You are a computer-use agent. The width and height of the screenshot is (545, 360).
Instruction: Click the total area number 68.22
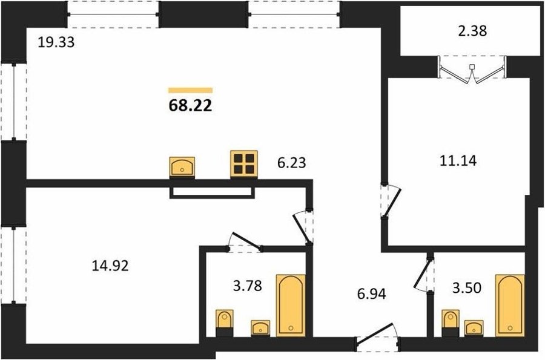(x=190, y=105)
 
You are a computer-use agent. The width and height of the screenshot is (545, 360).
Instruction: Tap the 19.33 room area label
(x=56, y=42)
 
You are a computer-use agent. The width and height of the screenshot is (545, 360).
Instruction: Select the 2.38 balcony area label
(x=472, y=31)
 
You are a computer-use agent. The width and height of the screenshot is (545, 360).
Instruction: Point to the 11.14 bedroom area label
(x=458, y=161)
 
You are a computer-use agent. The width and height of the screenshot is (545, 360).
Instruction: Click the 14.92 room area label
(x=110, y=266)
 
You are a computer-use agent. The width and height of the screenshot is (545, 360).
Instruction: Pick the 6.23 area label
(x=292, y=163)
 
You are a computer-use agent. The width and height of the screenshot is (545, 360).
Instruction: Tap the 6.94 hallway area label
(x=372, y=294)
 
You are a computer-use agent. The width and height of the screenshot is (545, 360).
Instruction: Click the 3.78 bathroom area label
(x=248, y=286)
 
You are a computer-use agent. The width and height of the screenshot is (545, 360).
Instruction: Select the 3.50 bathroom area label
(x=467, y=288)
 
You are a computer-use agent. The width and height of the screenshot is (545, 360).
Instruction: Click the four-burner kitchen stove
(x=244, y=164)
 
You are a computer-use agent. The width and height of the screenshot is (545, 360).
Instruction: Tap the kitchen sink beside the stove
(x=182, y=167)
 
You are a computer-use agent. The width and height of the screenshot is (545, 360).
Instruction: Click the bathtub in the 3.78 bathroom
(x=291, y=306)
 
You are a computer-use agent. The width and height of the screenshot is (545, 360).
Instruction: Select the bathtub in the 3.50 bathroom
(x=510, y=306)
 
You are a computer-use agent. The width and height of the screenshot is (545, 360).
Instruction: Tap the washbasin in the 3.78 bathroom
(x=260, y=328)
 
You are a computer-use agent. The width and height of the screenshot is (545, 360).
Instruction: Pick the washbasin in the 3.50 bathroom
(x=474, y=328)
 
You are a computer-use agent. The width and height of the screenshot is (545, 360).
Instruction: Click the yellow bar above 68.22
(x=190, y=91)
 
